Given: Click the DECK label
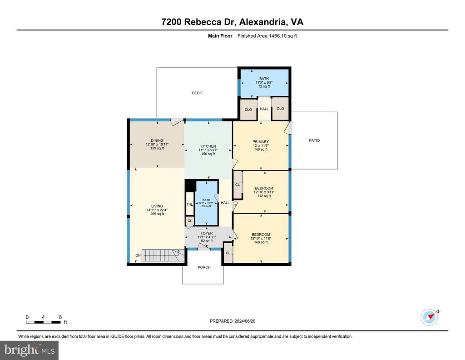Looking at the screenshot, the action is click(x=197, y=93).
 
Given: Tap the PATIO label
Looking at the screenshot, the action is click(x=314, y=140).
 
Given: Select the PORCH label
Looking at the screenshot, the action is click(x=204, y=267).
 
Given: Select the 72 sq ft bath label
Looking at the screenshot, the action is click(x=264, y=83).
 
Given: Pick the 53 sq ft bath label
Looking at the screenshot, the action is click(x=206, y=203).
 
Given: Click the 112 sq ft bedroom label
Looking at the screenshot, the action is click(x=264, y=192).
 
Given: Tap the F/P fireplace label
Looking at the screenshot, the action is click(x=189, y=205).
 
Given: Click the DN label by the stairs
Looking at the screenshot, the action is click(x=138, y=255).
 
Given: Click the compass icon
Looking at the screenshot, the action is click(x=430, y=317).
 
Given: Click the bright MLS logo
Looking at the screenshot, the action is click(x=30, y=350).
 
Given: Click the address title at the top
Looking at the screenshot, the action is click(x=232, y=22).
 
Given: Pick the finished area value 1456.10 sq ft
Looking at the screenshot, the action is click(x=282, y=36).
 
